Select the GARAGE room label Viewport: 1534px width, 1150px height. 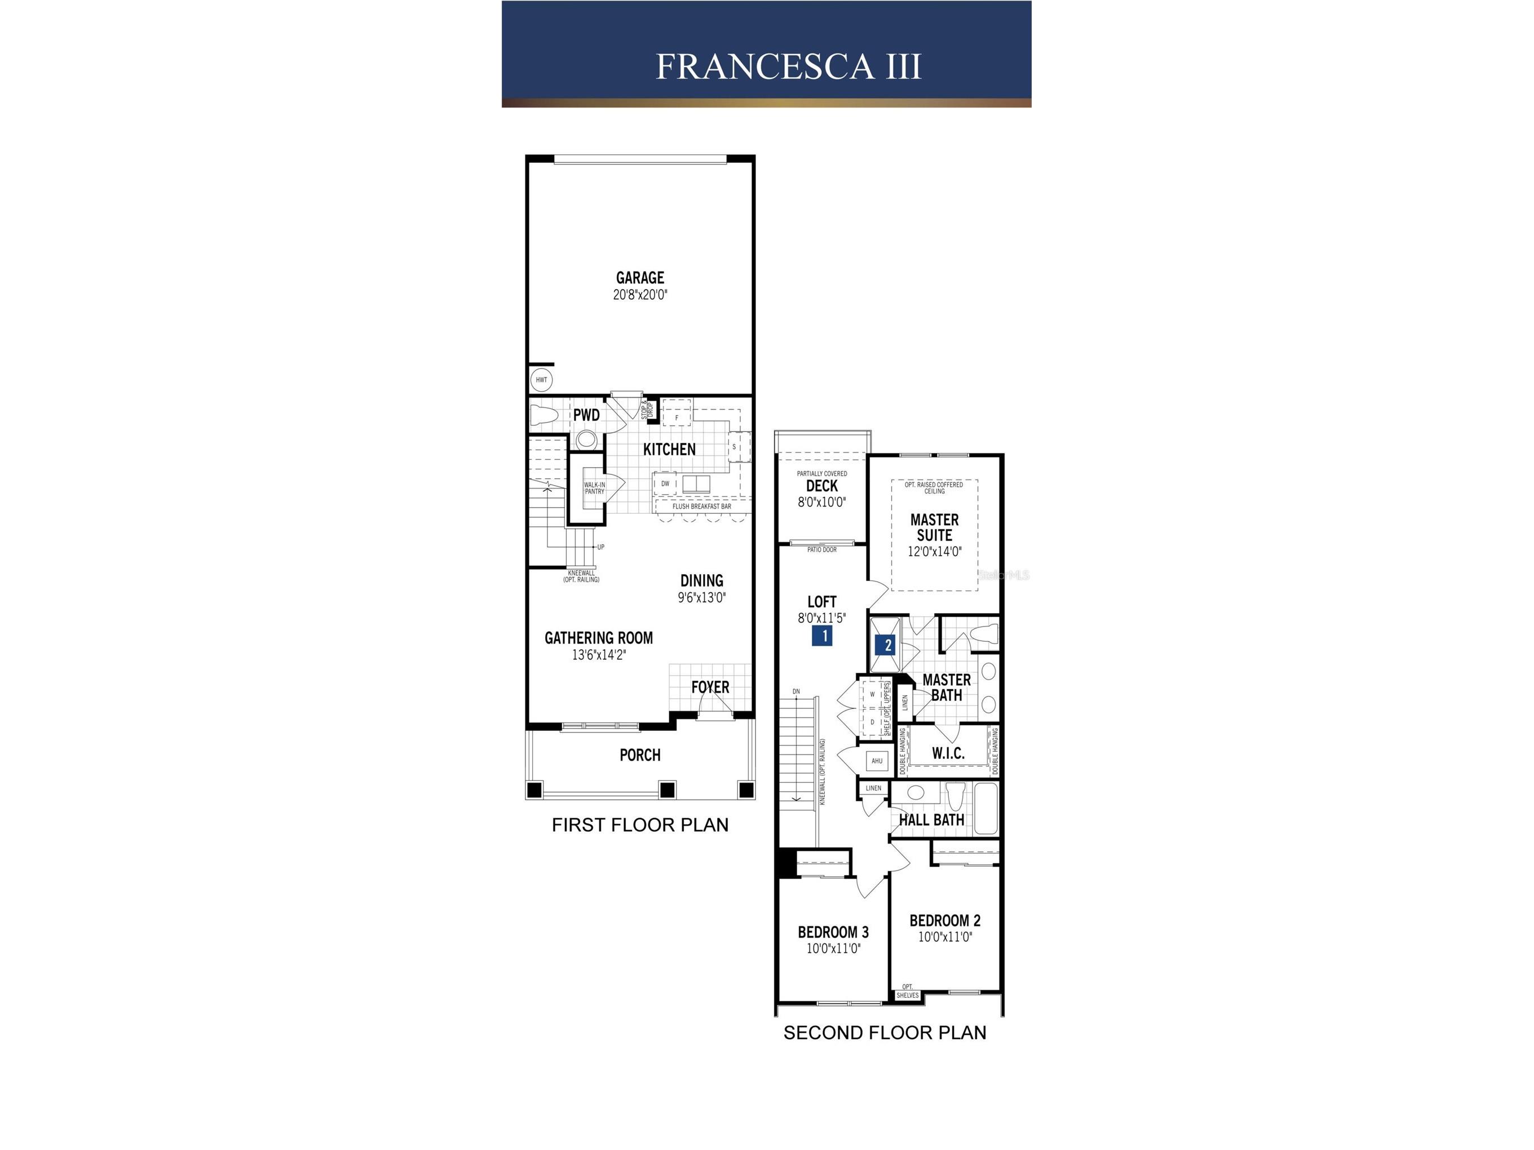pyautogui.click(x=640, y=278)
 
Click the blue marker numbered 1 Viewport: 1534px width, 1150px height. pyautogui.click(x=822, y=636)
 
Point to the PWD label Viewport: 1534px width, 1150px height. pyautogui.click(x=586, y=415)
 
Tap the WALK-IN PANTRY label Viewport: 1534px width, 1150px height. pyautogui.click(x=594, y=488)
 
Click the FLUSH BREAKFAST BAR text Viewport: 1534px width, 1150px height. pyautogui.click(x=701, y=507)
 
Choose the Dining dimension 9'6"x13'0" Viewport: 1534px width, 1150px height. pyautogui.click(x=702, y=597)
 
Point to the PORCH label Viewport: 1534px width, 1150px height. pyautogui.click(x=640, y=755)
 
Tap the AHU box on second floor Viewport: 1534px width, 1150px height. pyautogui.click(x=877, y=761)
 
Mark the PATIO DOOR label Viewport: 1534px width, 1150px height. pyautogui.click(x=822, y=550)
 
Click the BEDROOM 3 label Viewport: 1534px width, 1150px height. pyautogui.click(x=833, y=933)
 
